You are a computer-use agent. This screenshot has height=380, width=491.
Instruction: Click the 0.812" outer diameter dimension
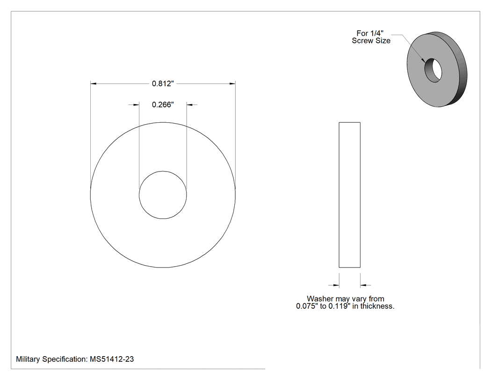pyautogui.click(x=163, y=83)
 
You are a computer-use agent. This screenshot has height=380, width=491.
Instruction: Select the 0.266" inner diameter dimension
pyautogui.click(x=163, y=104)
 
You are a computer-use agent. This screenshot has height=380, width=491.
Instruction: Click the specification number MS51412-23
pyautogui.click(x=112, y=359)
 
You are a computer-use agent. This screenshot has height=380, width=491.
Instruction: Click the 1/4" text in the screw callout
pyautogui.click(x=377, y=33)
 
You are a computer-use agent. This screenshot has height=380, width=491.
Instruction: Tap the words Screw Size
pyautogui.click(x=371, y=41)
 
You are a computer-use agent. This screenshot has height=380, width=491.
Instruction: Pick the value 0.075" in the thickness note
pyautogui.click(x=307, y=306)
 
